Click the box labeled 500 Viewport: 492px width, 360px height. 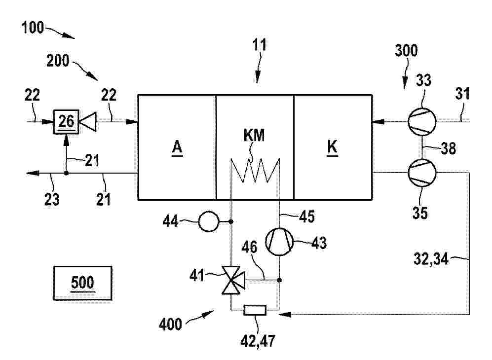pyautogui.click(x=82, y=283)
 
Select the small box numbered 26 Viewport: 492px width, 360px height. pyautogui.click(x=66, y=122)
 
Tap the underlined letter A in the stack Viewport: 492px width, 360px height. pyautogui.click(x=177, y=147)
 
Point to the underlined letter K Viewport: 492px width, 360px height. pyautogui.click(x=332, y=147)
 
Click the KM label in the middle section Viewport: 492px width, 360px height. pyautogui.click(x=254, y=136)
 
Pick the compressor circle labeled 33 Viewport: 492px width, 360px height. pyautogui.click(x=422, y=122)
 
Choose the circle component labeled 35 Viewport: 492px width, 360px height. pyautogui.click(x=422, y=173)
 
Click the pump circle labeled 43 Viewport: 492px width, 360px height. pyautogui.click(x=279, y=242)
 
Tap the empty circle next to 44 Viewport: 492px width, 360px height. pyautogui.click(x=209, y=221)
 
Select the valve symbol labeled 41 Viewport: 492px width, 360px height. pyautogui.click(x=233, y=280)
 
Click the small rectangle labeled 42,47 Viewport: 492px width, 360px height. pyautogui.click(x=255, y=310)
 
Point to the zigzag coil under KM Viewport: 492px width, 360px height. pyautogui.click(x=255, y=171)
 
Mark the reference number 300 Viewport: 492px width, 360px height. pyautogui.click(x=406, y=50)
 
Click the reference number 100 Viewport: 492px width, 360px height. pyautogui.click(x=32, y=28)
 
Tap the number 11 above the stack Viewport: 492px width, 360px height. pyautogui.click(x=260, y=45)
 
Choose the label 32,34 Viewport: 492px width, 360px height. pyautogui.click(x=431, y=259)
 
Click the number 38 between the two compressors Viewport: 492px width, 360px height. pyautogui.click(x=449, y=148)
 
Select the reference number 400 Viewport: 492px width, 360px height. pyautogui.click(x=170, y=324)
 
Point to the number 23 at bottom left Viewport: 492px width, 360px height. pyautogui.click(x=52, y=199)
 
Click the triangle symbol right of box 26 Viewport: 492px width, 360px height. pyautogui.click(x=88, y=122)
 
